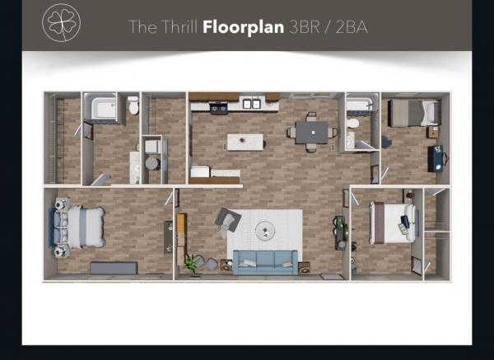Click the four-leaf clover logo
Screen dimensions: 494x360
62,23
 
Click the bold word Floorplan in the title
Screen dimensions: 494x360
243,27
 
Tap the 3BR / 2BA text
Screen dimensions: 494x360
329,27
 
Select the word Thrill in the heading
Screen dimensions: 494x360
179,27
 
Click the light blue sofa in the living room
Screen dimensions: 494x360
265,262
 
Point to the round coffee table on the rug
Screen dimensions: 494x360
265,231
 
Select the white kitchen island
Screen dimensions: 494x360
245,143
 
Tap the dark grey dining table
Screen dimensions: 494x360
311,133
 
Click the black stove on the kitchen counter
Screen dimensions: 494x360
219,108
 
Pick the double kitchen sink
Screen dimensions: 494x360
252,104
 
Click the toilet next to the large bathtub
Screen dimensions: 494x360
133,105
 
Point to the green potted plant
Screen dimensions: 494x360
192,264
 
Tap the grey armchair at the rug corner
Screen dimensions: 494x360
228,220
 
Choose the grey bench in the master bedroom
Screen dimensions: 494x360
114,268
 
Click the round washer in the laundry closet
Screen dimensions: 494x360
152,163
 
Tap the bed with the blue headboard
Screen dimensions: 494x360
77,227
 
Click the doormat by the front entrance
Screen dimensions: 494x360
332,277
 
